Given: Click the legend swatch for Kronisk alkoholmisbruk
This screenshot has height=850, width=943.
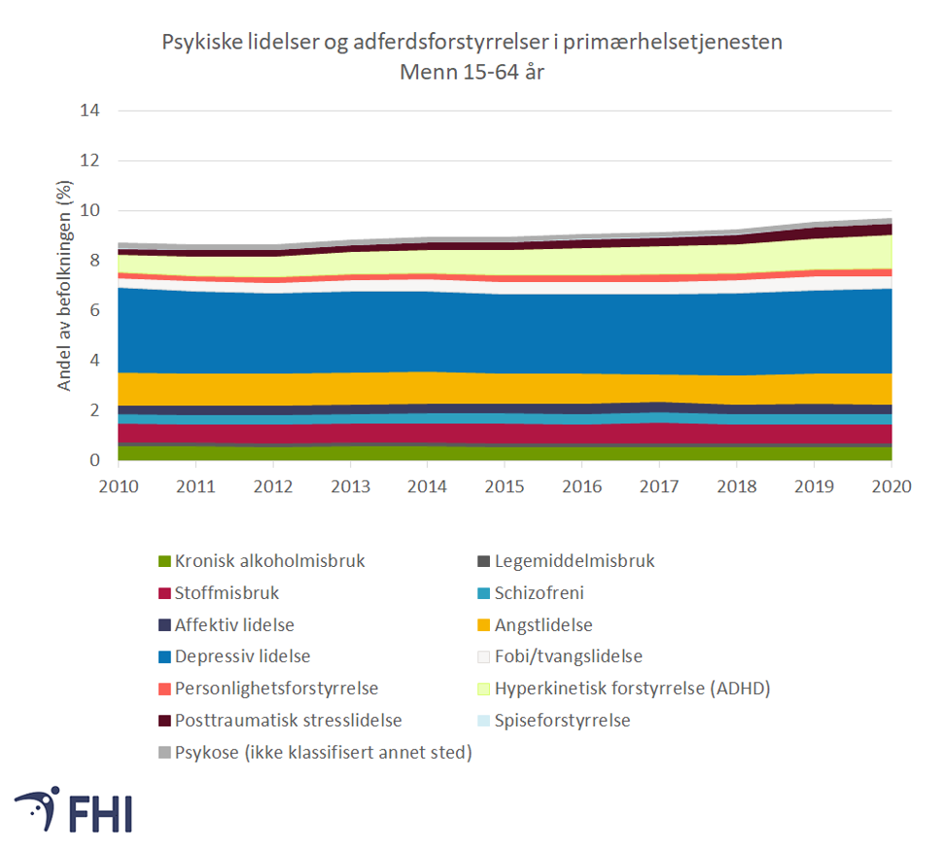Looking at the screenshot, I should coord(164,561).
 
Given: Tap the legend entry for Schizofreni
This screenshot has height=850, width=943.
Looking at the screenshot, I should coord(539,592).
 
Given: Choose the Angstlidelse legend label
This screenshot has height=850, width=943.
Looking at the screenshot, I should coord(542,624).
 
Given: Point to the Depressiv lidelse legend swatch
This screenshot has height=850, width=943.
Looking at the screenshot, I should coord(164,656).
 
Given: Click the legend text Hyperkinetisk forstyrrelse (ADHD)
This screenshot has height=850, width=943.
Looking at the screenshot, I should coord(632,689).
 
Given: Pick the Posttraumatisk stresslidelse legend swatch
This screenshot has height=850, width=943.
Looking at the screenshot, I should coord(164,721).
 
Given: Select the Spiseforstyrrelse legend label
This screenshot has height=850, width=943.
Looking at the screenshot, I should coord(562,721).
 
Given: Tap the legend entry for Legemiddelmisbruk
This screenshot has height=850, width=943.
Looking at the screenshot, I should coord(574,561).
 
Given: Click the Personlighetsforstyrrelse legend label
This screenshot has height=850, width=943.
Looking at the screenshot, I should coord(276,689).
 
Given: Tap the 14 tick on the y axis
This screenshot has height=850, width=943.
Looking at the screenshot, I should coord(89,110).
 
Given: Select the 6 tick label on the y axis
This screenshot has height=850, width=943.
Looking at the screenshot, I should coord(94,310).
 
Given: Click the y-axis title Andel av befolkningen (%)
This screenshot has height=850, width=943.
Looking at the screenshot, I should coord(65,285).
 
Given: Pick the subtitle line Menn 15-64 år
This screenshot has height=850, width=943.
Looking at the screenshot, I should coord(471,71).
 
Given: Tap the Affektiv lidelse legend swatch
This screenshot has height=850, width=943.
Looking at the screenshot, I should coord(164,624).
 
